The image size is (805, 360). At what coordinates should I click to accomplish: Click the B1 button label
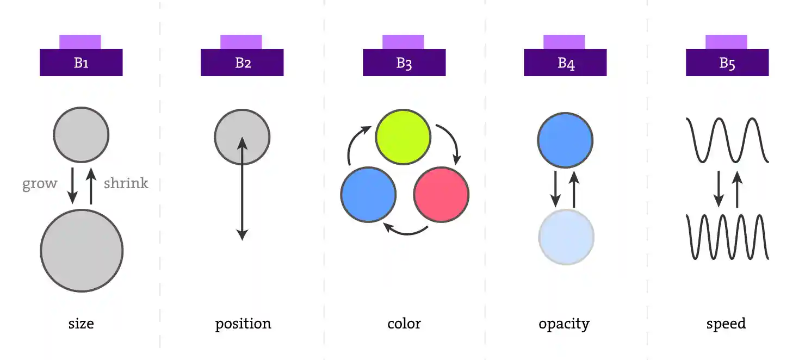pos(81,63)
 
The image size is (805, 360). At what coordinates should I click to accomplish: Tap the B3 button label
pos(404,63)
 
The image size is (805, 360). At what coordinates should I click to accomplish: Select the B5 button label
pos(727,63)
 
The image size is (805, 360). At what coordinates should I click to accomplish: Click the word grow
pos(40,184)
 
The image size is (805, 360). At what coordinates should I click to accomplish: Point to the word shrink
pos(126,183)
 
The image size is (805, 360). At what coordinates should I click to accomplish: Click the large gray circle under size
pos(82,250)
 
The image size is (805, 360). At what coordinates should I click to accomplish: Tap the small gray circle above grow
pos(81,134)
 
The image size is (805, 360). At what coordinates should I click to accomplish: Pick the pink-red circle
pos(441,195)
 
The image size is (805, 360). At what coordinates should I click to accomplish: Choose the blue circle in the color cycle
pos(368,195)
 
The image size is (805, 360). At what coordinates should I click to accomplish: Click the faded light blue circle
pos(566,237)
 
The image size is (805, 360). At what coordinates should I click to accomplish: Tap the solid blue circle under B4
pos(565,140)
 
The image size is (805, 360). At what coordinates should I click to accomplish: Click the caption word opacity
pos(564,324)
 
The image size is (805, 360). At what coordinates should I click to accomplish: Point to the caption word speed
pos(726,324)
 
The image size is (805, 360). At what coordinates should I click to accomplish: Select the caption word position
pos(243,324)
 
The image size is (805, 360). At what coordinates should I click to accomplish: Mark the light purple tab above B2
pos(241,41)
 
